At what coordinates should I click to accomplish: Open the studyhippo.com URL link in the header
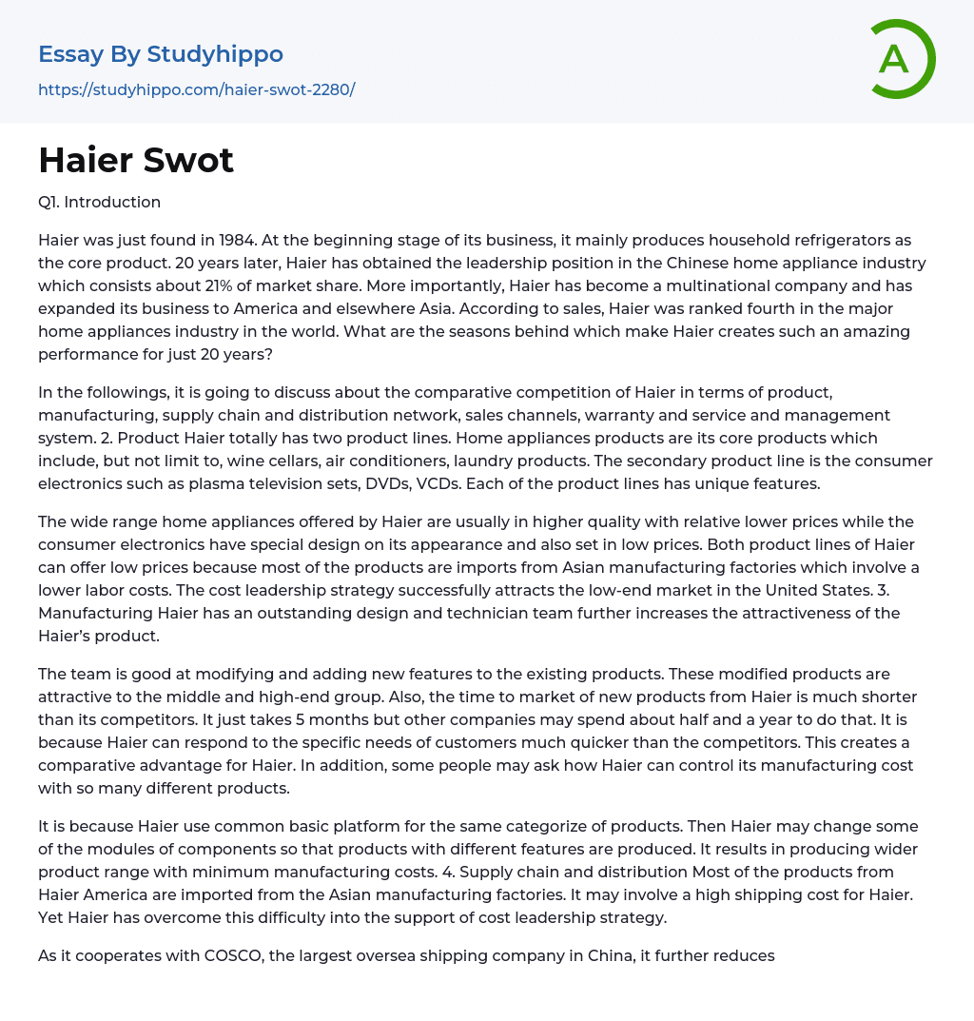pyautogui.click(x=196, y=89)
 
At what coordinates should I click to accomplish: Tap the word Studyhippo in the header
pyautogui.click(x=216, y=54)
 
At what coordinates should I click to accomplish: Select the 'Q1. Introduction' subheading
pyautogui.click(x=99, y=202)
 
